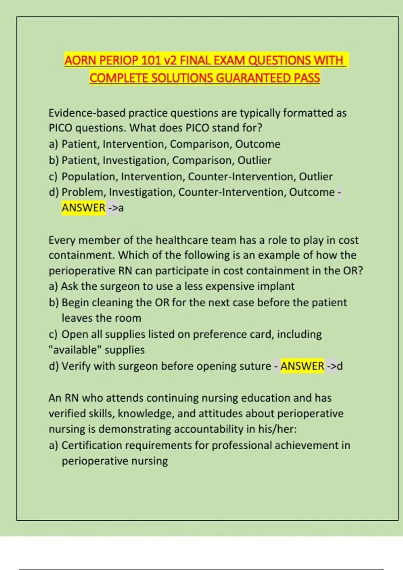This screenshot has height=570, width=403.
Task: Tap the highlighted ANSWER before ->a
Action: click(83, 208)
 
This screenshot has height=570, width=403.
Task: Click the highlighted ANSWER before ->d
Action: click(302, 366)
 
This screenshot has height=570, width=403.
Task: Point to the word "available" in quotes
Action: click(75, 350)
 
